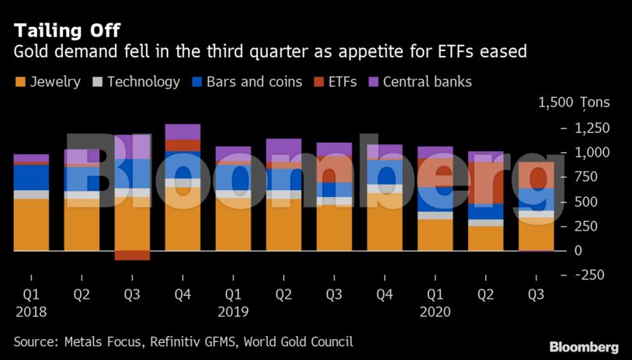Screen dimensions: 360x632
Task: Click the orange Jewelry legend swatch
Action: (19, 81)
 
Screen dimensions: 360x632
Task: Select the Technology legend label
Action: (143, 81)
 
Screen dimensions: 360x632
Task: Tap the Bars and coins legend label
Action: (254, 81)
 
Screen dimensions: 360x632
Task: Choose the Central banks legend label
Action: (427, 81)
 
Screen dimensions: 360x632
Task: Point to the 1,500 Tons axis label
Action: (573, 102)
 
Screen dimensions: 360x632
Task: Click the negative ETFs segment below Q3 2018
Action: (132, 255)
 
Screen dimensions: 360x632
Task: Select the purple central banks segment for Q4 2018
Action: (182, 132)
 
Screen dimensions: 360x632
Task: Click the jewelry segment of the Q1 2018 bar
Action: (31, 225)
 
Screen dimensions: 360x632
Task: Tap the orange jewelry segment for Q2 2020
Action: (485, 238)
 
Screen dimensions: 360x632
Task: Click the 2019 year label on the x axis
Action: (233, 312)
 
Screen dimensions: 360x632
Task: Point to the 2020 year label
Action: (435, 312)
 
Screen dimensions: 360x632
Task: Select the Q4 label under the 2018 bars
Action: (182, 295)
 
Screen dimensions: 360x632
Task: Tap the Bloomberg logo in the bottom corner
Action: (584, 347)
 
